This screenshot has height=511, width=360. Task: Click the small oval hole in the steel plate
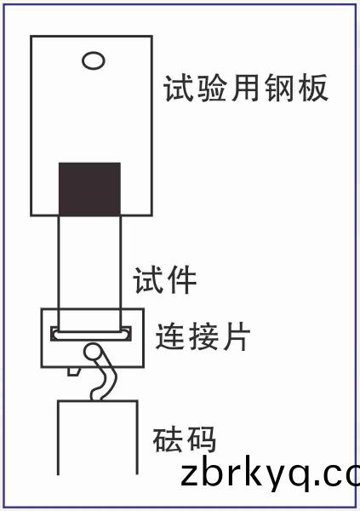pos(93,61)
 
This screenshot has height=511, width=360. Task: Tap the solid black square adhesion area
pos(89,189)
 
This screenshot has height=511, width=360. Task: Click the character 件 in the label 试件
pos(181,279)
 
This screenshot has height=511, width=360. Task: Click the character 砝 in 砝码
pos(168,439)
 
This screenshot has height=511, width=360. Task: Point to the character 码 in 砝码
pos(200,439)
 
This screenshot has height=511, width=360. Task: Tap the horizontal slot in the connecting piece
pos(91,334)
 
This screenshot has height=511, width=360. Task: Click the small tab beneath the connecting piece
pos(74,371)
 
